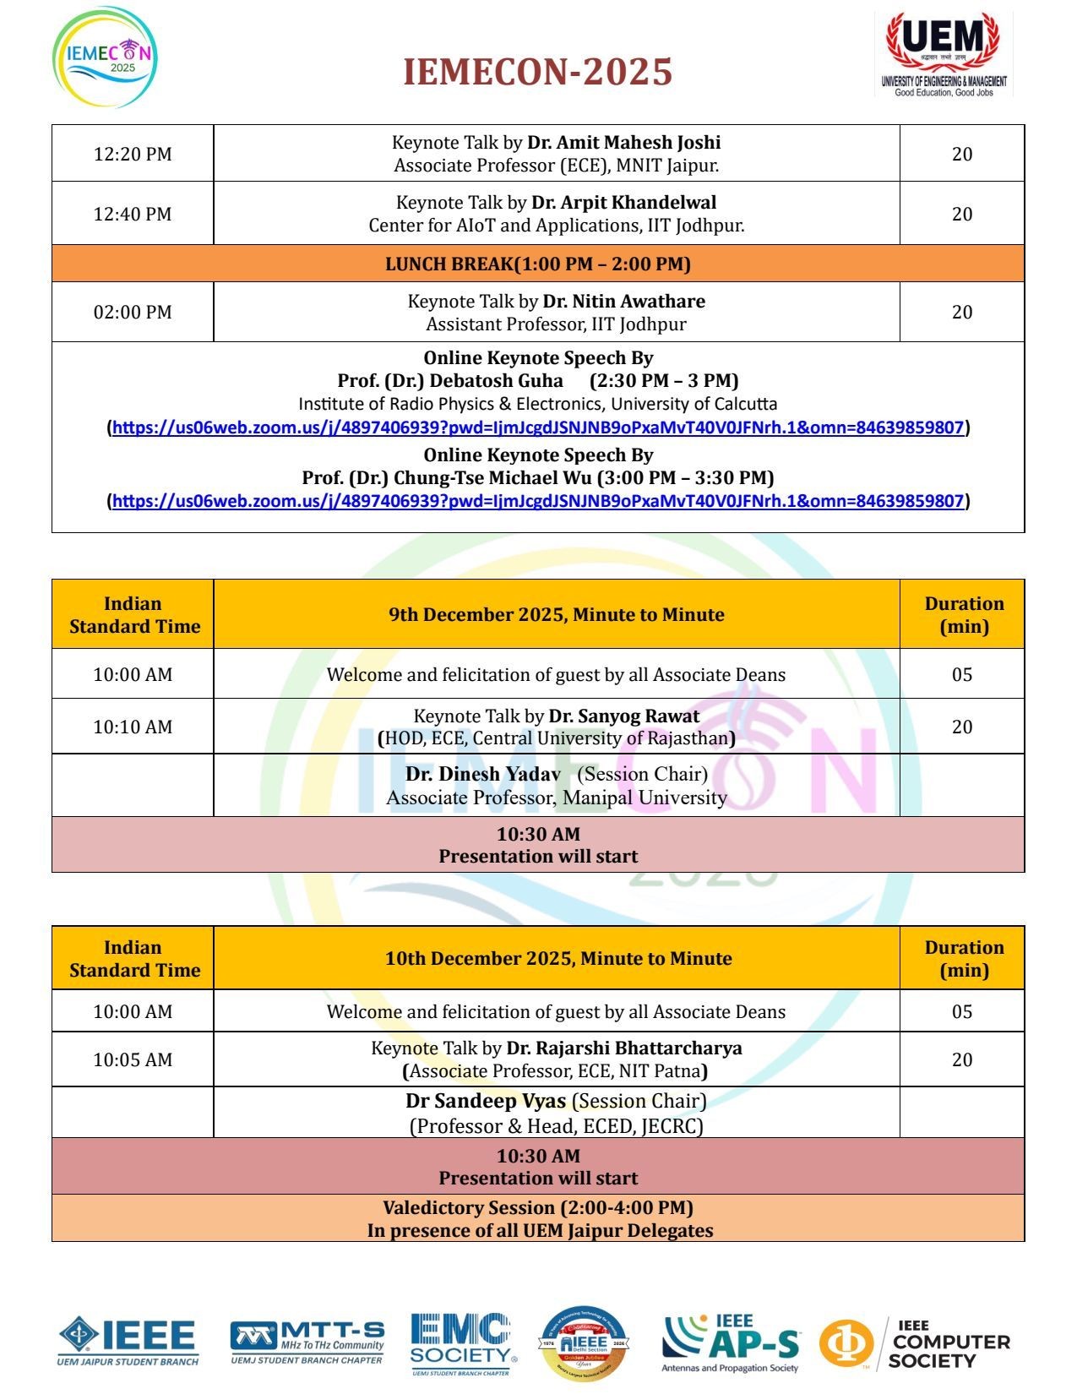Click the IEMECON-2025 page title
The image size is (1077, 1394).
click(x=537, y=72)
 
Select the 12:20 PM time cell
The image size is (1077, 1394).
click(x=133, y=154)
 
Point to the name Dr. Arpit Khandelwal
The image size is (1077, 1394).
click(x=623, y=203)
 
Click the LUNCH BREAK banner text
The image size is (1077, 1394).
click(x=538, y=264)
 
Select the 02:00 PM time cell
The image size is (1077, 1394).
click(x=133, y=312)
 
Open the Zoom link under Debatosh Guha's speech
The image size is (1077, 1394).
click(x=538, y=427)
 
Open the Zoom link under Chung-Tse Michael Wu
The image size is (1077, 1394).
click(x=538, y=501)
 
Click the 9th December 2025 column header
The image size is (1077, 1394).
click(x=556, y=614)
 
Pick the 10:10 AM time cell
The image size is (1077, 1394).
click(x=133, y=727)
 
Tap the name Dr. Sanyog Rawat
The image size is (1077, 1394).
click(x=624, y=716)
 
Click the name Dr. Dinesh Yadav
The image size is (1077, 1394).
click(x=482, y=775)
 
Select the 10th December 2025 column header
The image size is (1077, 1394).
click(x=558, y=958)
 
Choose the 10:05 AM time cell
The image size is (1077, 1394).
click(x=133, y=1059)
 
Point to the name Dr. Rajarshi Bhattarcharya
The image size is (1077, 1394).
click(x=624, y=1048)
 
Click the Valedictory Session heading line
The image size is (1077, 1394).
click(x=538, y=1207)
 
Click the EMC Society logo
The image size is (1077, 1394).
click(x=462, y=1343)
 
